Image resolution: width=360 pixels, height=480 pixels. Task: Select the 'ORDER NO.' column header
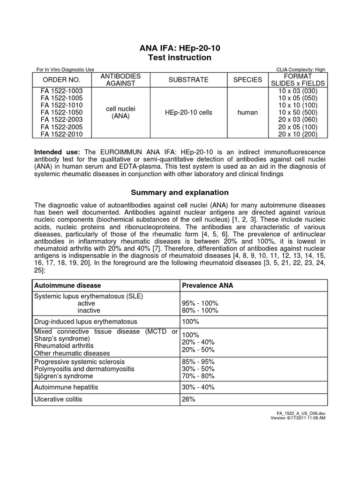(61, 80)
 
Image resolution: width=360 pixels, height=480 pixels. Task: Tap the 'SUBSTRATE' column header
(188, 80)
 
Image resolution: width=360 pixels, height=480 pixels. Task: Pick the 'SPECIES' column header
(247, 80)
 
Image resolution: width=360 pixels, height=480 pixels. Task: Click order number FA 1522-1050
(61, 112)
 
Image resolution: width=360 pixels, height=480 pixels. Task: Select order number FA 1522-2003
(61, 120)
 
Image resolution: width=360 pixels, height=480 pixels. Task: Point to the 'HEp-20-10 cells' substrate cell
(188, 112)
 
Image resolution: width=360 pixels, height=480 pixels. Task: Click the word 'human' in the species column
(247, 112)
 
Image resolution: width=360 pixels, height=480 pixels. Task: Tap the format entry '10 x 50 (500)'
(298, 112)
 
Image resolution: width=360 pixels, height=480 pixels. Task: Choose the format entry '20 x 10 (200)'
(298, 135)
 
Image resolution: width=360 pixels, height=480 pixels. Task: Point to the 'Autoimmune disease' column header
(67, 285)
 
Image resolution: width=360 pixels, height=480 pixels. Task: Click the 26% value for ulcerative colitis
(188, 399)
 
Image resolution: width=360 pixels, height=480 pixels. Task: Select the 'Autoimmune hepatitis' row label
(67, 387)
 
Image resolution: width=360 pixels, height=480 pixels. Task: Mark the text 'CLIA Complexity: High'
(301, 70)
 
